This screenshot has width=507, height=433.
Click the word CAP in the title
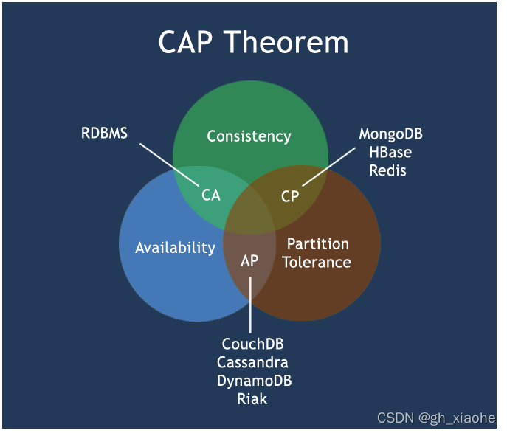pos(189,43)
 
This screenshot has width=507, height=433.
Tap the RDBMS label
pos(104,134)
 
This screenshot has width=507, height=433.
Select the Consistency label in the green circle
pos(249,136)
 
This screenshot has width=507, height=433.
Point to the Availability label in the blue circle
pos(175,248)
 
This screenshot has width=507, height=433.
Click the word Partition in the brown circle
pos(317,244)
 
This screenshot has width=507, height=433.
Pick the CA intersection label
pos(211,195)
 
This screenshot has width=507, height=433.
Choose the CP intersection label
pos(290,196)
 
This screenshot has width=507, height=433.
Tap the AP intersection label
pos(249,261)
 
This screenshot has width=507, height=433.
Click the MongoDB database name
pos(390,134)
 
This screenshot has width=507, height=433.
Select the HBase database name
pos(390,153)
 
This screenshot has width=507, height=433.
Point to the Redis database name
pos(390,170)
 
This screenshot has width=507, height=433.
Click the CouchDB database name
pos(252,344)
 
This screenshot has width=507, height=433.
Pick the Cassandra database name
pos(252,363)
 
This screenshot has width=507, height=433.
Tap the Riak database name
pos(252,399)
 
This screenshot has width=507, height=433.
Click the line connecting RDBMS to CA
pos(170,163)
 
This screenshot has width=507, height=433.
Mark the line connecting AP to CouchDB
pos(250,306)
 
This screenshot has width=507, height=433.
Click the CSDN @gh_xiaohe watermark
pos(436,418)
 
